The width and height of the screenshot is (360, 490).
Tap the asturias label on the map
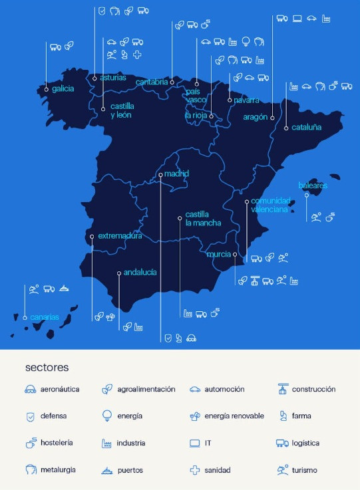click(113, 78)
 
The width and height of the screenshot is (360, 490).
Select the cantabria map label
click(152, 82)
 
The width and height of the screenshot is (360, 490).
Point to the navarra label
click(246, 100)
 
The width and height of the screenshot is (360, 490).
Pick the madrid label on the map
click(177, 174)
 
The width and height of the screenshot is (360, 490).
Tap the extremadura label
click(120, 236)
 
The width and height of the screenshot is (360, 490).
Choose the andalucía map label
click(140, 273)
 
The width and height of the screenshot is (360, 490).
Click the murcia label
click(219, 255)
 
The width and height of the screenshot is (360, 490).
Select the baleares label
click(313, 185)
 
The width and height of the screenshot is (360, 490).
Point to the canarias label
click(44, 317)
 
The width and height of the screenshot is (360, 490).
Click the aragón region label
click(255, 117)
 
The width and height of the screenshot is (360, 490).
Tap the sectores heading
click(47, 367)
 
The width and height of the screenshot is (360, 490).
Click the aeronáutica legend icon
click(30, 390)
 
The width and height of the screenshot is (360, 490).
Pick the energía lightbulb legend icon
click(106, 416)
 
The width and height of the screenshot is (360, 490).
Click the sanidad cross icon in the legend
click(195, 470)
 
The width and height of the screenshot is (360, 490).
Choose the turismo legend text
click(305, 470)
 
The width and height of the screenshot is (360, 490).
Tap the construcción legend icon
click(282, 390)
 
